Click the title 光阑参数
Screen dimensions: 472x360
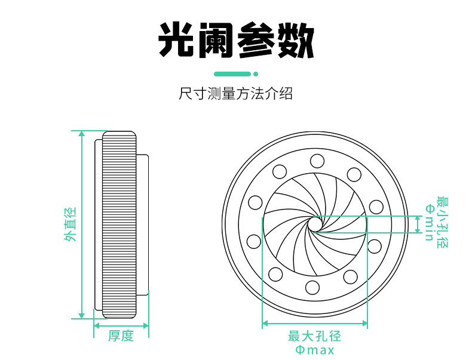(x=236, y=40)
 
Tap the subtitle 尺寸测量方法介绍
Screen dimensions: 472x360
(x=235, y=94)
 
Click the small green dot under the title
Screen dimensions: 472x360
(x=256, y=74)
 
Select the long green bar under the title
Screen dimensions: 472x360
(x=232, y=74)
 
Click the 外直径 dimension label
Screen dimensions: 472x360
(x=70, y=224)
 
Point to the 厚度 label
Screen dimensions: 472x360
(x=121, y=336)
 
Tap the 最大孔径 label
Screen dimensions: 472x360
(x=314, y=336)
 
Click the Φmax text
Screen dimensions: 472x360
(x=314, y=350)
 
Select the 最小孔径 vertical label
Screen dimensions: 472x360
(x=443, y=222)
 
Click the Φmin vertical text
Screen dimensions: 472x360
(x=429, y=222)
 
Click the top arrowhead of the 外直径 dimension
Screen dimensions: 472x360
(x=82, y=134)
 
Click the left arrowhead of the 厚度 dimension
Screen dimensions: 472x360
(x=97, y=326)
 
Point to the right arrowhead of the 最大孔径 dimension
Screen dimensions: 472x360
(x=364, y=324)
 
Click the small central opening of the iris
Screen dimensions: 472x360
(x=315, y=223)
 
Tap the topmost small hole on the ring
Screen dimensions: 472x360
(x=317, y=161)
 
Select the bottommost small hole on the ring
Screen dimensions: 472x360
(x=312, y=288)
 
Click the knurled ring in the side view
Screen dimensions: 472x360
(x=119, y=224)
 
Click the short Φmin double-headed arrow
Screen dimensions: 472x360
(x=418, y=224)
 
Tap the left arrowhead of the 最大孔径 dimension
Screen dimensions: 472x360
(x=265, y=324)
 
